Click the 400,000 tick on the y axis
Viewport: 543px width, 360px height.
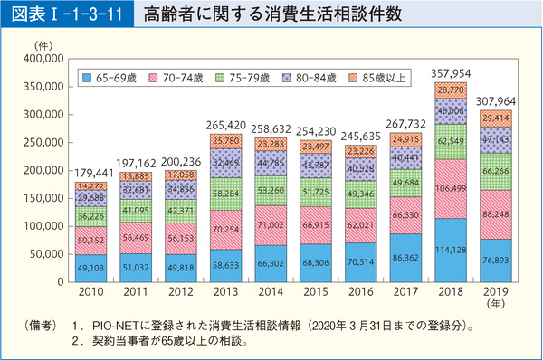pyautogui.click(x=39, y=59)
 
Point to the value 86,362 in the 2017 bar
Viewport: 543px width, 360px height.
pyautogui.click(x=405, y=259)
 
